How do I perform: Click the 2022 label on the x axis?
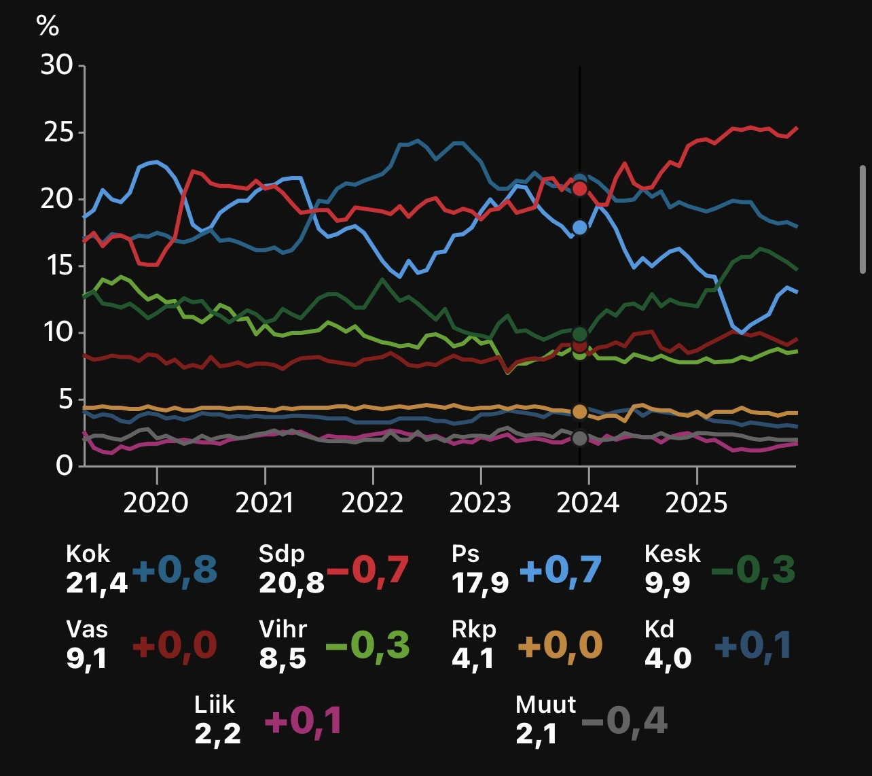pyautogui.click(x=372, y=504)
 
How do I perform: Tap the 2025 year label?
pyautogui.click(x=696, y=504)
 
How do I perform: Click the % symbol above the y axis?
pyautogui.click(x=48, y=26)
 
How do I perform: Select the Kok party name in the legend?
pyautogui.click(x=88, y=554)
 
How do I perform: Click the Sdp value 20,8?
pyautogui.click(x=291, y=583)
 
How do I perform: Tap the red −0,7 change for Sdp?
pyautogui.click(x=368, y=569)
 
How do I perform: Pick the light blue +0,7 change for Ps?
pyautogui.click(x=560, y=569)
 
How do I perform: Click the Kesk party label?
pyautogui.click(x=672, y=554)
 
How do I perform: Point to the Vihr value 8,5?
pyautogui.click(x=283, y=658)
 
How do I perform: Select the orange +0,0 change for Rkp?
pyautogui.click(x=560, y=645)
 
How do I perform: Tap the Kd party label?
pyautogui.click(x=659, y=629)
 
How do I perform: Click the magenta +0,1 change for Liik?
pyautogui.click(x=303, y=720)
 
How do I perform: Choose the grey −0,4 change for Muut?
pyautogui.click(x=624, y=720)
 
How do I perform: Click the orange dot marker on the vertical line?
pyautogui.click(x=579, y=412)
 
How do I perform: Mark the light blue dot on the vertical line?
pyautogui.click(x=579, y=228)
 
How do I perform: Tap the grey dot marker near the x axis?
pyautogui.click(x=579, y=438)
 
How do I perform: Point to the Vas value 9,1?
pyautogui.click(x=87, y=658)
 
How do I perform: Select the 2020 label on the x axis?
pyautogui.click(x=156, y=504)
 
